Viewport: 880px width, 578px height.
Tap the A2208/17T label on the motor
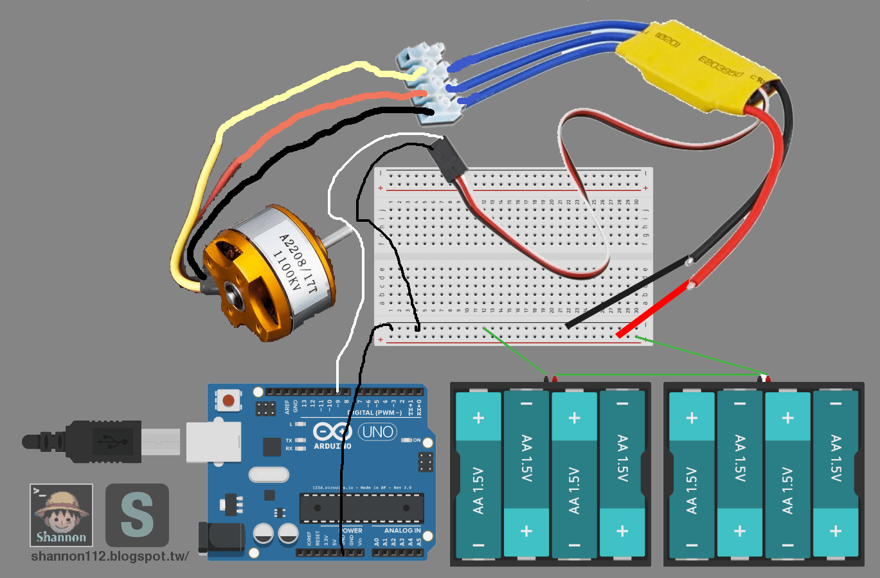[x=297, y=264]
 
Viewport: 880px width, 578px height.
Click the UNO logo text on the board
[x=377, y=431]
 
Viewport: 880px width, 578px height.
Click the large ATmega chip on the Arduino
[x=361, y=508]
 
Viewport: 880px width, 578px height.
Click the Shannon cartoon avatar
[x=61, y=515]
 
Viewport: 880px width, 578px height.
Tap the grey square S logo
[x=137, y=515]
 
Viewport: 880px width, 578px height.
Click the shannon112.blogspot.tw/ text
[x=110, y=557]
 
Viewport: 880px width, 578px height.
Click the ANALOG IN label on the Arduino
[x=402, y=530]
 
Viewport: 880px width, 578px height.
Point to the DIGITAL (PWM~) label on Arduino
[x=375, y=412]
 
